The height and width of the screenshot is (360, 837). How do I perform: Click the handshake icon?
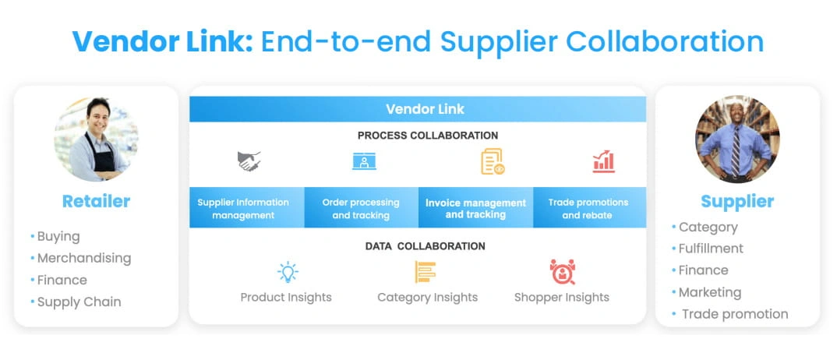(x=249, y=161)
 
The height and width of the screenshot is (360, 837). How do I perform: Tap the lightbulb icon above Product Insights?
(x=288, y=272)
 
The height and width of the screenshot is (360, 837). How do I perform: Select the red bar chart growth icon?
(x=604, y=161)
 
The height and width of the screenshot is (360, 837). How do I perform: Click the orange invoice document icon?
(x=493, y=161)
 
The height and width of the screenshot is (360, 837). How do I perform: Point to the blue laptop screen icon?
(x=364, y=161)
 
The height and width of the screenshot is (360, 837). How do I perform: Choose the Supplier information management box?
(x=247, y=207)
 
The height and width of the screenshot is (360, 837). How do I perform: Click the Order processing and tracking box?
(x=362, y=207)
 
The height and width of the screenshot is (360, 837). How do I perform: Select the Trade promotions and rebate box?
(x=589, y=207)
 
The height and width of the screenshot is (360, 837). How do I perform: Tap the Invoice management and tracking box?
(x=475, y=207)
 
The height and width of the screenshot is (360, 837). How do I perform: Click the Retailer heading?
(x=96, y=201)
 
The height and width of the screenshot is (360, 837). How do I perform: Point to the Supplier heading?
(x=737, y=201)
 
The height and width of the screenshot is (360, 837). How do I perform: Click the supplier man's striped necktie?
(x=736, y=151)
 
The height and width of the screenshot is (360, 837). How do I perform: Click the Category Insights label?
(x=428, y=297)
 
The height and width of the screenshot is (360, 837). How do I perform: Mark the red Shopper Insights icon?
(x=562, y=271)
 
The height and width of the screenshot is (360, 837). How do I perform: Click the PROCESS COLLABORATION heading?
(x=428, y=136)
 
